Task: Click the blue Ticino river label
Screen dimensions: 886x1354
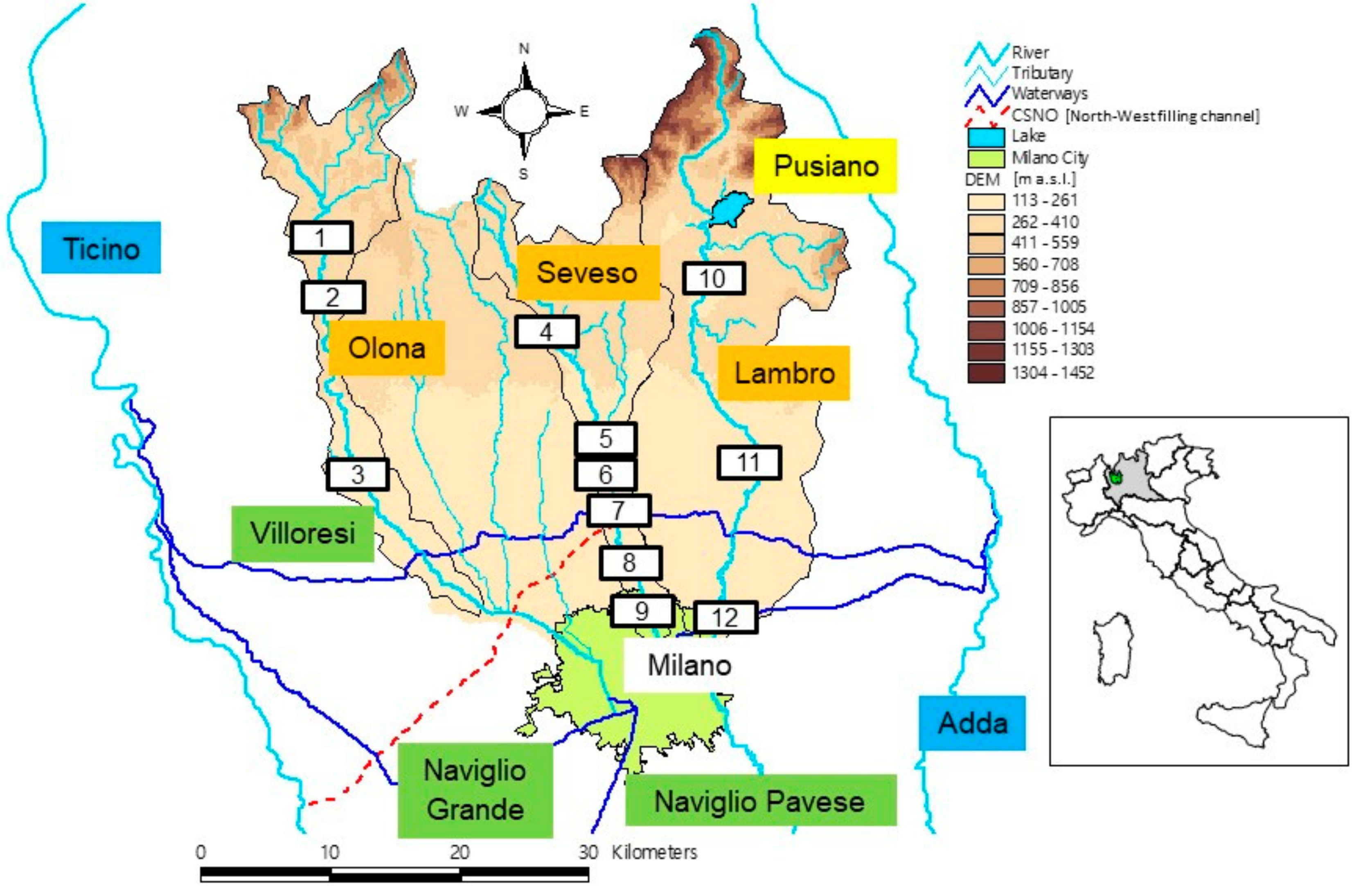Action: [101, 248]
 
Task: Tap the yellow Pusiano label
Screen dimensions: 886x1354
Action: [825, 166]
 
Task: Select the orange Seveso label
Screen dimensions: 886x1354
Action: [588, 272]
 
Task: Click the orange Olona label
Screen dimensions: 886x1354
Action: [386, 347]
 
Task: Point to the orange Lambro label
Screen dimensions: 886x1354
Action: [783, 373]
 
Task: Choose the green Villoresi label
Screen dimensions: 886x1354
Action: [303, 533]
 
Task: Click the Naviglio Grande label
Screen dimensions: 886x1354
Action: [475, 790]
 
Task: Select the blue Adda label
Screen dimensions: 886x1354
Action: [972, 723]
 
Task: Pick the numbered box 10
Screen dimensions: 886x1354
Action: [713, 278]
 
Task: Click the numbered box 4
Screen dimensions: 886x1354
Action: [547, 332]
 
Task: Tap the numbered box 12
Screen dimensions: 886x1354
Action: [725, 617]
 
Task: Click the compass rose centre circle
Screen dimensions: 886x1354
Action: [524, 111]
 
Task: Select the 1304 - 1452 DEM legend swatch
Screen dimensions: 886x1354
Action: [986, 373]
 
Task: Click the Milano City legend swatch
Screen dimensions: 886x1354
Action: [986, 157]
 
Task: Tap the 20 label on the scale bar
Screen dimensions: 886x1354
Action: [459, 852]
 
